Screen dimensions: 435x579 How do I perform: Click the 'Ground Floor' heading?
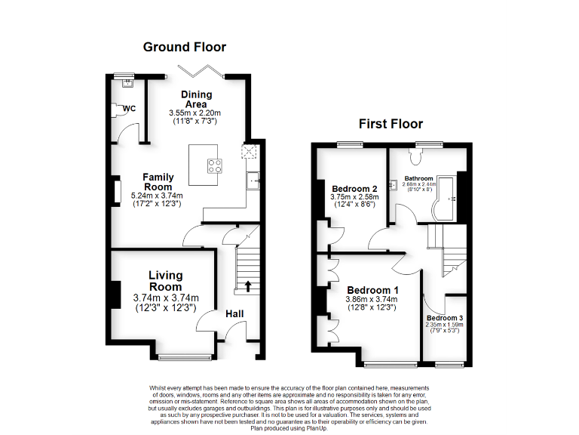pyautogui.click(x=185, y=47)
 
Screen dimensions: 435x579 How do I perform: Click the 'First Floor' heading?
pyautogui.click(x=391, y=124)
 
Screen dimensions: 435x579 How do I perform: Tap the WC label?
pyautogui.click(x=129, y=109)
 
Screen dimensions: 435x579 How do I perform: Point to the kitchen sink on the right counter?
pyautogui.click(x=254, y=179)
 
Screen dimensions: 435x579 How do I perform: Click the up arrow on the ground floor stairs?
pyautogui.click(x=247, y=286)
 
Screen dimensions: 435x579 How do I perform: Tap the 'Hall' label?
pyautogui.click(x=234, y=314)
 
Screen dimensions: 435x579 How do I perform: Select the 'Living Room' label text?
pyautogui.click(x=165, y=281)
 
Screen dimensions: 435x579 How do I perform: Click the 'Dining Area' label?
pyautogui.click(x=197, y=99)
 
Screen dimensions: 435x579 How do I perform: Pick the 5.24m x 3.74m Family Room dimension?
pyautogui.click(x=158, y=195)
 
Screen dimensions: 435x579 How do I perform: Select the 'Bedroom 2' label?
pyautogui.click(x=354, y=189)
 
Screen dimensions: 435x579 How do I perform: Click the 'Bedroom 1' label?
pyautogui.click(x=372, y=290)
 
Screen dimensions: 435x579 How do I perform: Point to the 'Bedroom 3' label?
pyautogui.click(x=445, y=318)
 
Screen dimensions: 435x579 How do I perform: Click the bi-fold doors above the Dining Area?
pyautogui.click(x=200, y=71)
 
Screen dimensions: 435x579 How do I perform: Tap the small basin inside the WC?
pyautogui.click(x=118, y=81)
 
